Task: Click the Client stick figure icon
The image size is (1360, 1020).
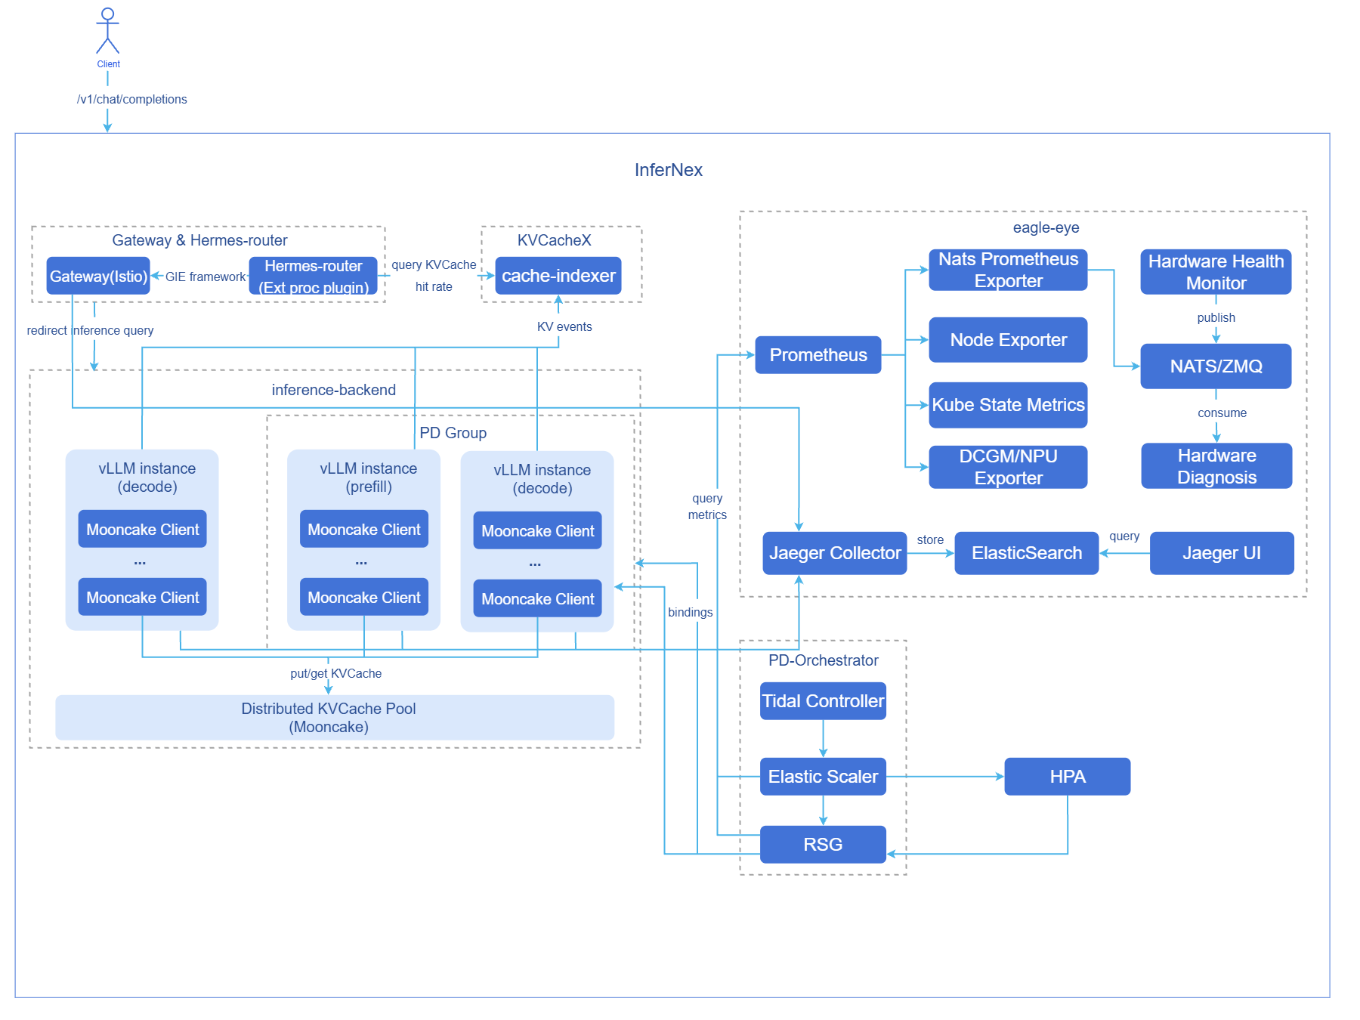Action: point(108,30)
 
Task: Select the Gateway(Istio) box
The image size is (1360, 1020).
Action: point(98,276)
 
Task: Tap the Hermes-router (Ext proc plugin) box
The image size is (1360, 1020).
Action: point(314,276)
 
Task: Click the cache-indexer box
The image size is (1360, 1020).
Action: point(558,276)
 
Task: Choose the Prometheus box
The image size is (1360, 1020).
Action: point(818,355)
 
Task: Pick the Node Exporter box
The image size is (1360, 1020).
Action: point(1008,340)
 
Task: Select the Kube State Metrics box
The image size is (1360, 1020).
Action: point(1008,405)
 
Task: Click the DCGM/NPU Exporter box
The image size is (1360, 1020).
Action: point(1008,467)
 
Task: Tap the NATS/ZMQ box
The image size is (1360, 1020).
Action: point(1216,366)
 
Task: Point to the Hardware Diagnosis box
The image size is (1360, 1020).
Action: point(1216,466)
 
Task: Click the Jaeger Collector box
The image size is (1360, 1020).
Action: point(835,553)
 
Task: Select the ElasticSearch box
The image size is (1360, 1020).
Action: point(1027,553)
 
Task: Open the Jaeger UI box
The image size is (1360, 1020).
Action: point(1222,553)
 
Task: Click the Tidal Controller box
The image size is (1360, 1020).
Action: point(823,701)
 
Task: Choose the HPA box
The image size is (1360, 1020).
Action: point(1068,777)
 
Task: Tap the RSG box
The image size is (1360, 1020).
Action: point(823,845)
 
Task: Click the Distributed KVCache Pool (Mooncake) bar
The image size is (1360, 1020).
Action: point(335,718)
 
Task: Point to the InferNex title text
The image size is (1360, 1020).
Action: point(669,170)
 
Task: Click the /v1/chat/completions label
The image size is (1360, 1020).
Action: point(132,99)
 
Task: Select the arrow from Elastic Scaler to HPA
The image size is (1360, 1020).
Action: point(945,777)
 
